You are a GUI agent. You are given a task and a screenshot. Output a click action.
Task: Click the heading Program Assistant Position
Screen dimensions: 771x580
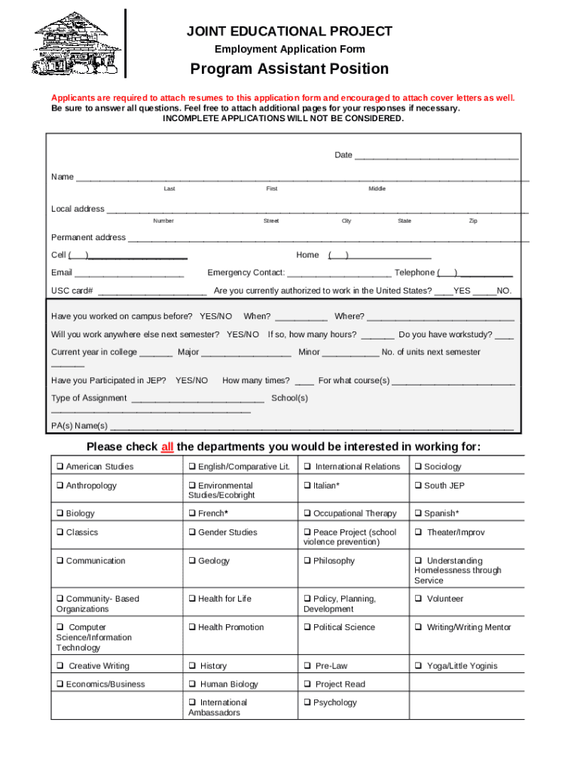coord(289,69)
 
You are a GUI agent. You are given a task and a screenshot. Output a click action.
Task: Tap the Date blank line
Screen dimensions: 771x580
coord(436,156)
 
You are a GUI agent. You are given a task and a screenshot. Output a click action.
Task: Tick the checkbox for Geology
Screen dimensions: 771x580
coord(192,561)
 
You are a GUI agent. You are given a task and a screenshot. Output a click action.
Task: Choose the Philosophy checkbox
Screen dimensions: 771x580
coord(307,561)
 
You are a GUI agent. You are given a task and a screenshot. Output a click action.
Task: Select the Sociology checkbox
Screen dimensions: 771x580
coord(418,467)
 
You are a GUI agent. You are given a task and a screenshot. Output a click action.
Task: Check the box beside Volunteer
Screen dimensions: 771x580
coord(418,599)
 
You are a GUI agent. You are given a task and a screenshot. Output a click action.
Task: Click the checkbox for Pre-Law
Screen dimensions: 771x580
coord(307,666)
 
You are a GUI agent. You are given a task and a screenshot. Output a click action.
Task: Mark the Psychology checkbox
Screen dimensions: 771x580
coord(307,702)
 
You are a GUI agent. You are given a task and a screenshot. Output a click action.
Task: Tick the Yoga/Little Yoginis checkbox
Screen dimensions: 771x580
coord(418,666)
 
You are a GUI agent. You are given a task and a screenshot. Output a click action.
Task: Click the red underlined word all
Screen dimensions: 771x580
coord(167,447)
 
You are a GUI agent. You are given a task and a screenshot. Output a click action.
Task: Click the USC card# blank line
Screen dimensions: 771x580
coord(152,291)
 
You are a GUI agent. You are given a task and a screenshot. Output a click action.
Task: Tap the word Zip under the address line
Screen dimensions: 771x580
coord(473,221)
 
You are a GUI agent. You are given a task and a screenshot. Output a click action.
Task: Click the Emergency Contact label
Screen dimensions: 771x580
coord(246,273)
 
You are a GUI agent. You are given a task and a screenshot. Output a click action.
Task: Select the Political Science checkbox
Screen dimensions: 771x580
coord(307,627)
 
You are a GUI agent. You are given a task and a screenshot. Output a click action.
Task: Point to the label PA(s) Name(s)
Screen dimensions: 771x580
coord(79,426)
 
